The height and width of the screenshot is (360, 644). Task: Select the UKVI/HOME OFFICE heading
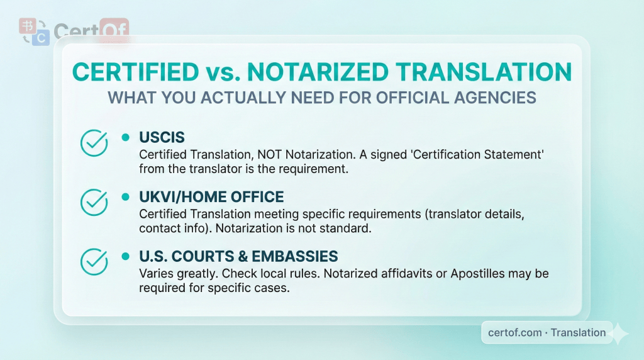[211, 196]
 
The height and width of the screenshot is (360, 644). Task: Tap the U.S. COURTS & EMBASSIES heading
[238, 256]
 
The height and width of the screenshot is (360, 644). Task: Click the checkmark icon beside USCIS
[94, 143]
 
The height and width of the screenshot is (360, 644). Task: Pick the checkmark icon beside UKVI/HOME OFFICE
[94, 202]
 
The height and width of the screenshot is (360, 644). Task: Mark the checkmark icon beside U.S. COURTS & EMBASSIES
[94, 262]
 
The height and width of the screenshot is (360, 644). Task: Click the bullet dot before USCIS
[125, 137]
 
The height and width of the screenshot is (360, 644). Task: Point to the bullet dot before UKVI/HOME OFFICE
[125, 196]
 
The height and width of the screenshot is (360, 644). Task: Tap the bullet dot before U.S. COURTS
[125, 256]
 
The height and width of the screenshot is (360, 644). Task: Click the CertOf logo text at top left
[91, 31]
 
